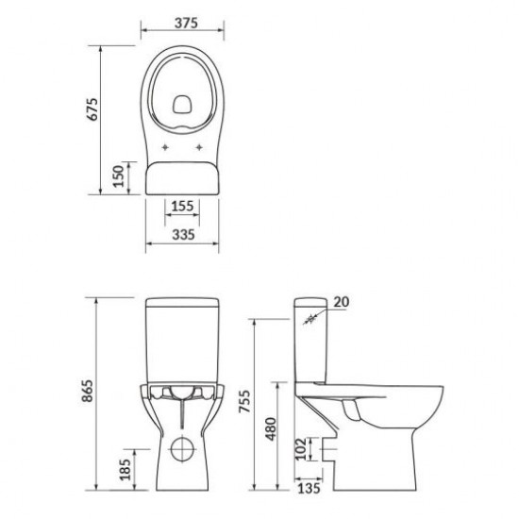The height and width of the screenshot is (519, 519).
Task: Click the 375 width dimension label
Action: click(x=186, y=23)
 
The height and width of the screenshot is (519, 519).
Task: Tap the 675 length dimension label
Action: click(x=92, y=109)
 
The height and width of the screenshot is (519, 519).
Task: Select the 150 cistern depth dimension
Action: click(x=118, y=176)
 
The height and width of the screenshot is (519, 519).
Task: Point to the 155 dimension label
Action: click(x=182, y=207)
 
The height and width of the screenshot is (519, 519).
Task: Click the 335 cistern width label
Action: click(x=183, y=235)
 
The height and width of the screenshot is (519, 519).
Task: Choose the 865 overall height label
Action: click(x=88, y=391)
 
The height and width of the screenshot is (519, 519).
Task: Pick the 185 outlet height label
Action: click(x=126, y=469)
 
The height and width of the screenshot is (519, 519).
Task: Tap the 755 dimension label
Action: click(x=245, y=401)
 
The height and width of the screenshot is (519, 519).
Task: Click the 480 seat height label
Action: click(x=271, y=429)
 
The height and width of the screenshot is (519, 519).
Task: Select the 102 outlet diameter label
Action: click(x=301, y=449)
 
